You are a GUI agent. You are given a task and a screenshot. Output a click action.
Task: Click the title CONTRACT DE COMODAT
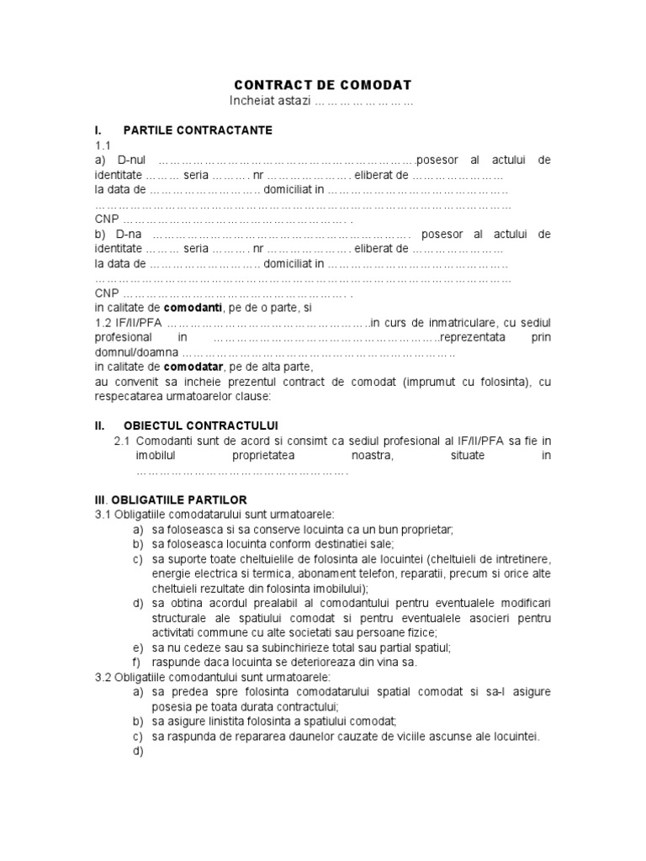point(322,86)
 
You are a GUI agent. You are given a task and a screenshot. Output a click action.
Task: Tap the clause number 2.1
point(122,441)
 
